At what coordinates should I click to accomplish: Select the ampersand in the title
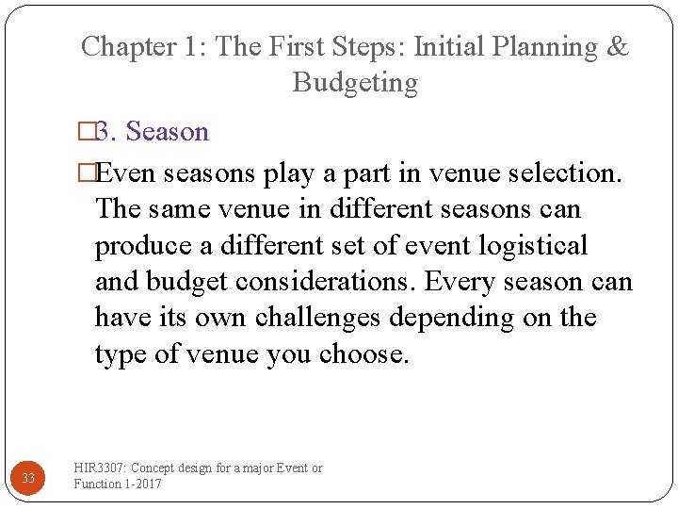click(x=617, y=46)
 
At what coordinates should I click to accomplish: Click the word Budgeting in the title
click(x=355, y=83)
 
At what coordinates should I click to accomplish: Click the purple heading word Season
click(x=167, y=131)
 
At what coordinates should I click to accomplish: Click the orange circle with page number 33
click(x=28, y=478)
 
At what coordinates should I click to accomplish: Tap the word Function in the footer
click(x=97, y=484)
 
